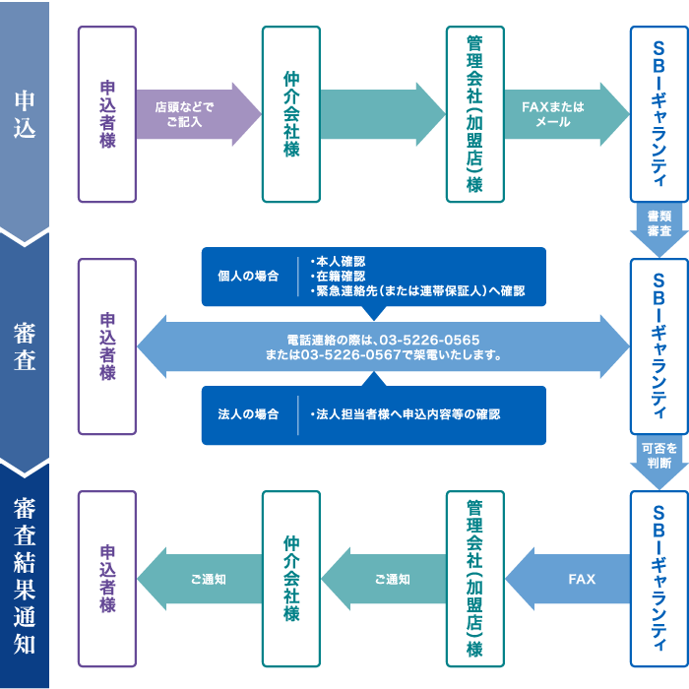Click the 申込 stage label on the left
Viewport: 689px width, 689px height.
pos(25,114)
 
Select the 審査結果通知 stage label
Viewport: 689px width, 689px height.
pos(25,576)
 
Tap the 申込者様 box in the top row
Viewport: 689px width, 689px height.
pos(107,114)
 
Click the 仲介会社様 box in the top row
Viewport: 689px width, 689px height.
pos(291,114)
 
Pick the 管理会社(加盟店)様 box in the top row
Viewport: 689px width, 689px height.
pos(474,114)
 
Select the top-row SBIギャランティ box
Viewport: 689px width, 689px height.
pos(658,114)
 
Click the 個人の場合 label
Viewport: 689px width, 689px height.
pos(248,277)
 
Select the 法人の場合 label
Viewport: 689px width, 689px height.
pos(248,414)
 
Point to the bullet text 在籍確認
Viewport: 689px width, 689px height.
pos(341,277)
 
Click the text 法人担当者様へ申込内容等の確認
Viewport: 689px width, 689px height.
pos(407,414)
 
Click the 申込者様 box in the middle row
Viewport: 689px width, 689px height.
pos(107,346)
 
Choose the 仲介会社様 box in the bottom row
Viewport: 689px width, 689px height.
pos(291,579)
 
